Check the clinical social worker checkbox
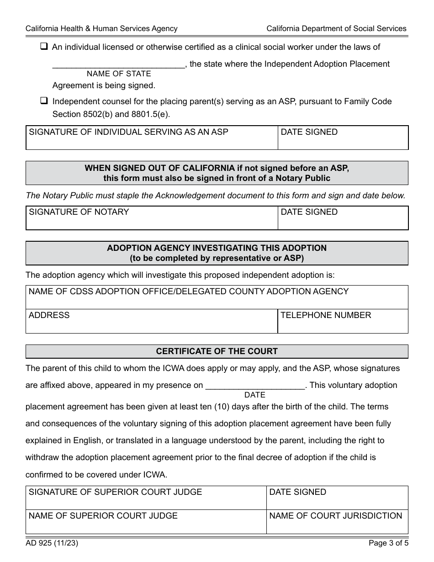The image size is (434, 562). [44, 47]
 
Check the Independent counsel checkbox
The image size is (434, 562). [44, 101]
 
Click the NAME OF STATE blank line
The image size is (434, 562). [118, 64]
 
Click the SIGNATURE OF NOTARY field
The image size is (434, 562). [152, 218]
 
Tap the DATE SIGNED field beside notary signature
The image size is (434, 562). [343, 218]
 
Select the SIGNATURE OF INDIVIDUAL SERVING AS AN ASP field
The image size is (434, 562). [152, 138]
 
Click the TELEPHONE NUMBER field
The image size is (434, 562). [343, 321]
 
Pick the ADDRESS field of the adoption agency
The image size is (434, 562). [152, 321]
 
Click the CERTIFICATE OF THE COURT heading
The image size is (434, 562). [217, 351]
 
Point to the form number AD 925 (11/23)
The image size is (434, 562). [48, 544]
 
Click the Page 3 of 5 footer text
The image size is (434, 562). [388, 544]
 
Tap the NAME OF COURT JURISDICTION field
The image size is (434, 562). [337, 522]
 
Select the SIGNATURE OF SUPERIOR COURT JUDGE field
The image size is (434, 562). [146, 498]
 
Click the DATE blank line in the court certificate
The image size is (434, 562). [255, 386]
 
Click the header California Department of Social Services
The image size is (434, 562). [336, 28]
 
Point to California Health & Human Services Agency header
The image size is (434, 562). [101, 28]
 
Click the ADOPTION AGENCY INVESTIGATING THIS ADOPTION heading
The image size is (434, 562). [217, 248]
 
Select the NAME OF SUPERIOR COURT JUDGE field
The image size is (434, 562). [146, 522]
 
